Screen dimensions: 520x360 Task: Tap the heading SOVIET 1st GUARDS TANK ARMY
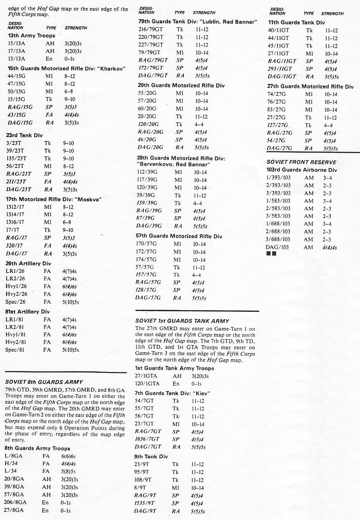pyautogui.click(x=182, y=321)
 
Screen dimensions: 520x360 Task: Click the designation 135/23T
pyautogui.click(x=16, y=158)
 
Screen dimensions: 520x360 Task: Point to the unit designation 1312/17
pyautogui.click(x=17, y=207)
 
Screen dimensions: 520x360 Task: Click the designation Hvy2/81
pyautogui.click(x=16, y=342)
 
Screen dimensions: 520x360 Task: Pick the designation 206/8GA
pyautogui.click(x=15, y=503)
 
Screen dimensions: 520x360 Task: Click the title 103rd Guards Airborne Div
pyautogui.click(x=301, y=170)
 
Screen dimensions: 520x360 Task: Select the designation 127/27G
pyautogui.click(x=278, y=125)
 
